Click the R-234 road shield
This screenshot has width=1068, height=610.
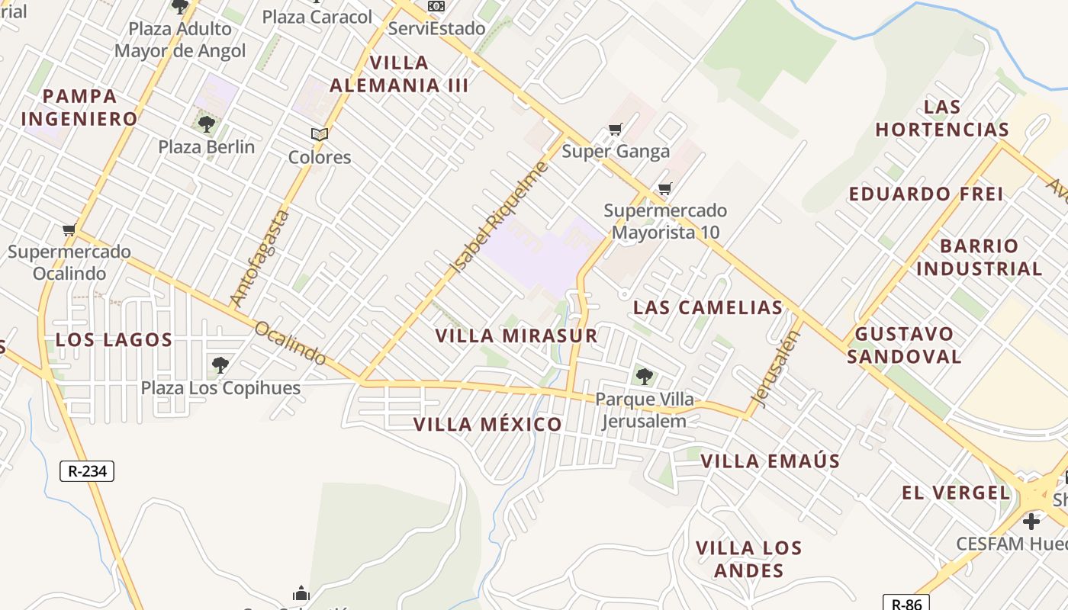[x=87, y=471]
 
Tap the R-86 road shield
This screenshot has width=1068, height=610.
[x=906, y=604]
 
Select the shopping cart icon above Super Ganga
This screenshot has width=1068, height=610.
[x=615, y=130]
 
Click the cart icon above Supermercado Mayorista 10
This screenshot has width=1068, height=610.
[x=665, y=188]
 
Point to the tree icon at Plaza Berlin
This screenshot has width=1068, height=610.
[x=206, y=124]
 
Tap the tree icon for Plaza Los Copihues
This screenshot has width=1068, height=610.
[x=220, y=365]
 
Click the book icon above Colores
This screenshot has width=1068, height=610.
[x=319, y=135]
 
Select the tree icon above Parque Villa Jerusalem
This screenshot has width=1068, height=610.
[x=644, y=376]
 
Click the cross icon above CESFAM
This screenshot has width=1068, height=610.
[x=1031, y=522]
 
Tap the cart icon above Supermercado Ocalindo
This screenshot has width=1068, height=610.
[x=69, y=230]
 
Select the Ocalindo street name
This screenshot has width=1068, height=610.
[x=291, y=343]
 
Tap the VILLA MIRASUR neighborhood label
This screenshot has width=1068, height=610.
[x=516, y=335]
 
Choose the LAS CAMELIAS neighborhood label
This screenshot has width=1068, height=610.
[x=708, y=307]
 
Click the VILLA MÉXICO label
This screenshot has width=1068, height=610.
[x=487, y=425]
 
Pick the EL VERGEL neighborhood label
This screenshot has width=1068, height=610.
[x=955, y=493]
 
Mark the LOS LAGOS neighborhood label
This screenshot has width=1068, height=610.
[x=114, y=340]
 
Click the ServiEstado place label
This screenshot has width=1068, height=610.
[x=436, y=28]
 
